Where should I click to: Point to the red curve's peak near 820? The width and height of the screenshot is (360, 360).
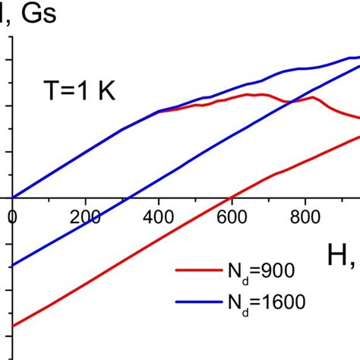coord(312,97)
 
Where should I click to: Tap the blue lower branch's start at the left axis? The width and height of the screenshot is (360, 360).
coord(13,266)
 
